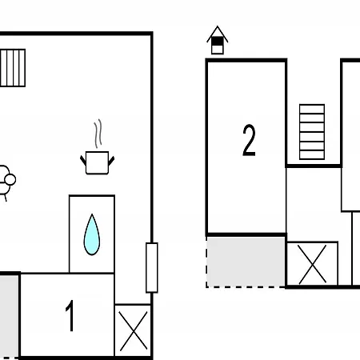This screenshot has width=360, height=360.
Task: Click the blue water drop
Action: point(92,234)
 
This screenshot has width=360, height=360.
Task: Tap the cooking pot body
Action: point(98,163)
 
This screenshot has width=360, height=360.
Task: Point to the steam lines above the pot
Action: point(98,134)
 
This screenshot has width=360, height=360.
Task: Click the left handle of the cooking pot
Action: point(83,160)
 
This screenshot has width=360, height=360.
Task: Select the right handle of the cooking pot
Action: point(111,161)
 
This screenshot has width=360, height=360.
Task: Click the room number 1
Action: point(70,316)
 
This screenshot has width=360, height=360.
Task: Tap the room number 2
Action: point(249,140)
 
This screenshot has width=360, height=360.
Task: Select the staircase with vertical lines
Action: point(13,68)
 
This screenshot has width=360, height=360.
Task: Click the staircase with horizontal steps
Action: point(312,132)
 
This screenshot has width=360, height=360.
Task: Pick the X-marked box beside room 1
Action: point(133,331)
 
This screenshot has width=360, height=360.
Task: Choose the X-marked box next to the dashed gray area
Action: point(312,264)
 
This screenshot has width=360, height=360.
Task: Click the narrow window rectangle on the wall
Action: point(152,268)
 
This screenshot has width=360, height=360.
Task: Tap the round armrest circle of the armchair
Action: point(10,179)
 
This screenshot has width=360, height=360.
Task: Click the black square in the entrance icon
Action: point(218,42)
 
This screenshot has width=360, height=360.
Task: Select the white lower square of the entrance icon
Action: point(218,50)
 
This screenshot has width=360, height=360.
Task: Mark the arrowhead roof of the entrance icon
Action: point(218,34)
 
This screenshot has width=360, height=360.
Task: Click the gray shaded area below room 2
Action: point(246,262)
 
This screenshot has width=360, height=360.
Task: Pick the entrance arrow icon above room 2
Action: point(218,40)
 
